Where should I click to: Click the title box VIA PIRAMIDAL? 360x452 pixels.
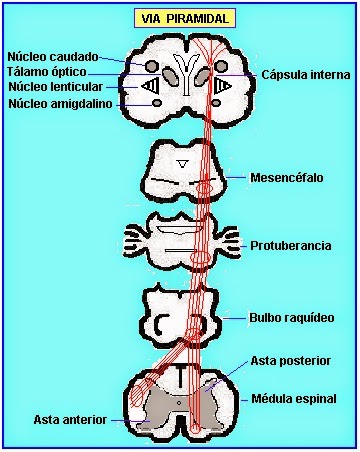[185, 18]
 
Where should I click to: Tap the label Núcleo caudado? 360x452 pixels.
[53, 56]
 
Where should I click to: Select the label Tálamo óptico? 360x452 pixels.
[47, 72]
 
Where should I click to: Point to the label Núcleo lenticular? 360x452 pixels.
[56, 87]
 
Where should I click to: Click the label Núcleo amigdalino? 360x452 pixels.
[60, 104]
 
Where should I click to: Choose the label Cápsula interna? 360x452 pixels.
[306, 75]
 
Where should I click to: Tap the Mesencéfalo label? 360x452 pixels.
[287, 177]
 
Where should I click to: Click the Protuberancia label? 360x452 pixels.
[291, 246]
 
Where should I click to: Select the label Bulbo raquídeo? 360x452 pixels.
[292, 317]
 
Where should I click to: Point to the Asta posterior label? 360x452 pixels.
[290, 361]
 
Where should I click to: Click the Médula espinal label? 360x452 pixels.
[294, 399]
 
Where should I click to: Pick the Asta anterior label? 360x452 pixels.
[70, 420]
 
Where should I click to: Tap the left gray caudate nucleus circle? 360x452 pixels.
[152, 66]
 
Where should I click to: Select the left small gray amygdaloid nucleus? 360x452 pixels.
[157, 103]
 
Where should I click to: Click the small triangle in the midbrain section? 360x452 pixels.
[182, 164]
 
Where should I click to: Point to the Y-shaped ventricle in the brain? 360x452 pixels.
[184, 73]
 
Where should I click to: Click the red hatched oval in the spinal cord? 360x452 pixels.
[138, 395]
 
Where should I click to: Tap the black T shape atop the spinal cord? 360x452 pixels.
[181, 375]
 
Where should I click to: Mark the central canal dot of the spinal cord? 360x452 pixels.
[179, 403]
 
